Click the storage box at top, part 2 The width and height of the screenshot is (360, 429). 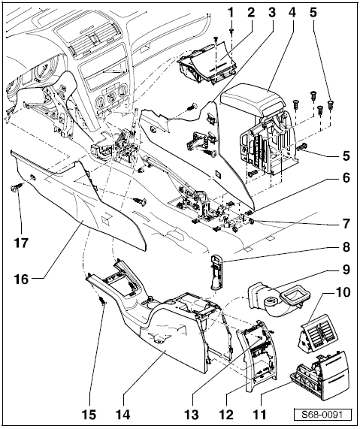[x=204, y=67]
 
